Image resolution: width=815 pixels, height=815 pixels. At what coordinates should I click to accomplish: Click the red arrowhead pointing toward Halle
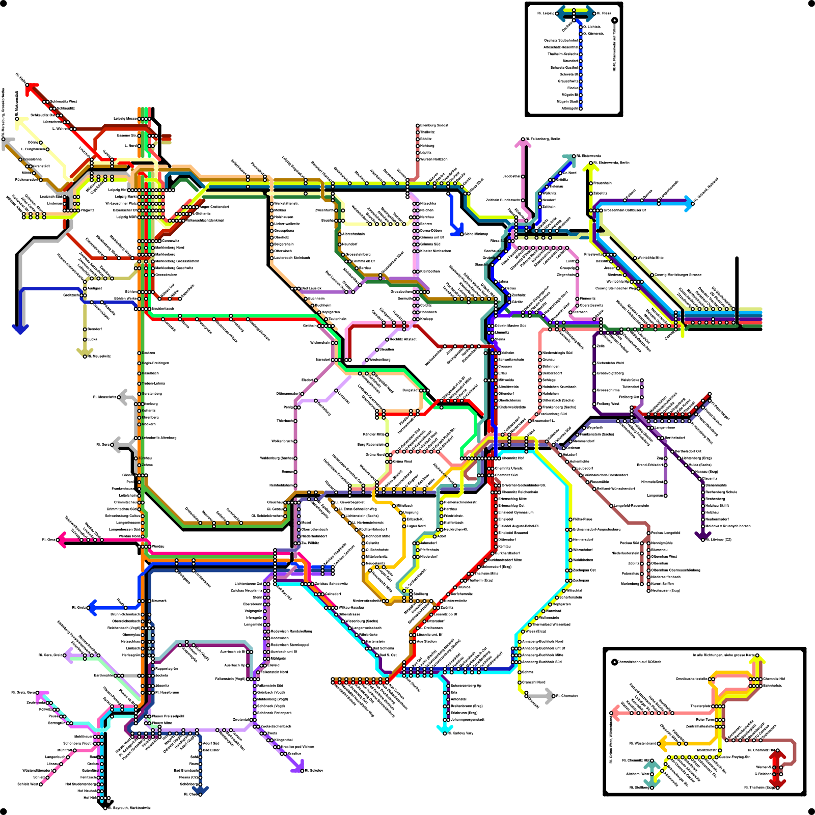pyautogui.click(x=32, y=89)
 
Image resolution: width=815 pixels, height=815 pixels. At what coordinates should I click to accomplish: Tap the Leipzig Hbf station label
pyautogui.click(x=118, y=190)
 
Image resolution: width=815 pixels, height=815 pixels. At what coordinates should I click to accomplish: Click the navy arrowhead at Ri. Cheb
pyautogui.click(x=200, y=790)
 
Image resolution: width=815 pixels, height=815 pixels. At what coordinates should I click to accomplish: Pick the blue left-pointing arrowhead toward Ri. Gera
pyautogui.click(x=92, y=608)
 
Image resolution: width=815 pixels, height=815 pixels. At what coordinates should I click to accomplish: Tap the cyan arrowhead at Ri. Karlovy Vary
pyautogui.click(x=442, y=729)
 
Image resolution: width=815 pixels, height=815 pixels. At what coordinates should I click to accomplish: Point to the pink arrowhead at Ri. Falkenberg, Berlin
pyautogui.click(x=523, y=144)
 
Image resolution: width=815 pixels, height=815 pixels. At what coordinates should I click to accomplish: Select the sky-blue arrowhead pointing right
pyautogui.click(x=689, y=203)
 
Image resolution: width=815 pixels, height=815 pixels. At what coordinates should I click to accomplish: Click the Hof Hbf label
pyautogui.click(x=90, y=798)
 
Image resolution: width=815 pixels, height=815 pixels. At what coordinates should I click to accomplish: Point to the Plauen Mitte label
pyautogui.click(x=162, y=723)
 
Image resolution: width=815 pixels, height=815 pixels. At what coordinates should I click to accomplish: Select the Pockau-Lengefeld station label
pyautogui.click(x=666, y=533)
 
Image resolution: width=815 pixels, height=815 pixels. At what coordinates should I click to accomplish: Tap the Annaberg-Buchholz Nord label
pyautogui.click(x=543, y=641)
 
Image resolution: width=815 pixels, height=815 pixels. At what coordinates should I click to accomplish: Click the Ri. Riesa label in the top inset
pyautogui.click(x=604, y=13)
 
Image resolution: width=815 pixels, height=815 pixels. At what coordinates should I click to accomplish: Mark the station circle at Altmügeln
pyautogui.click(x=580, y=108)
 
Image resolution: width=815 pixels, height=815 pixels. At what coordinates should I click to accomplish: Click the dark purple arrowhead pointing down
pyautogui.click(x=703, y=535)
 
